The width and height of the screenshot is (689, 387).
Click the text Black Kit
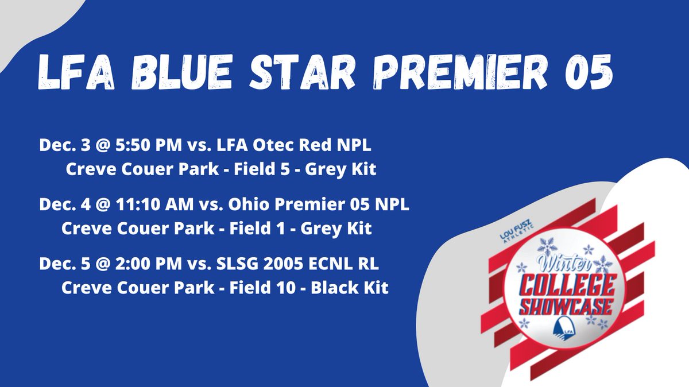(350, 287)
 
